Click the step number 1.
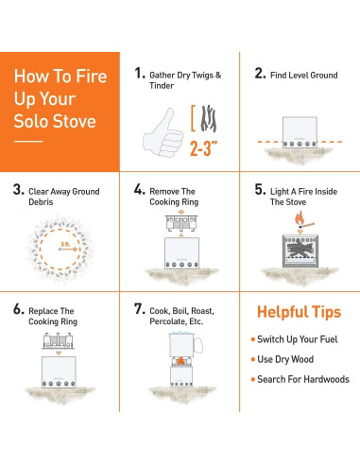point(140,73)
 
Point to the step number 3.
point(18,189)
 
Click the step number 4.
point(140,189)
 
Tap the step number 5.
point(261,189)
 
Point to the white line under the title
point(29,142)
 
